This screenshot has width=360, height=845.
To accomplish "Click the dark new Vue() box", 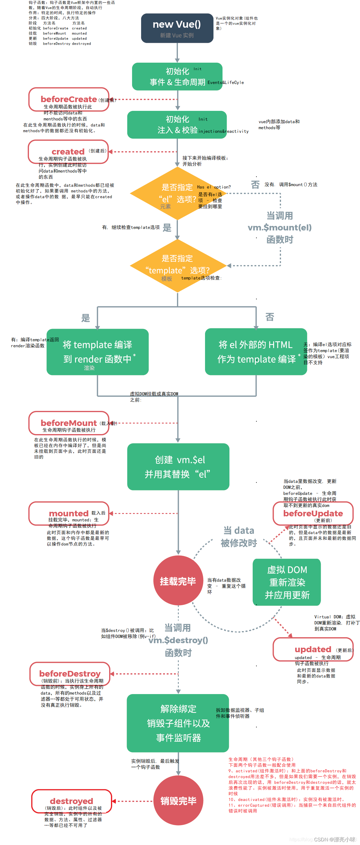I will (x=177, y=28).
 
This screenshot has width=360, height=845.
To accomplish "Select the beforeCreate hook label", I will (x=68, y=99).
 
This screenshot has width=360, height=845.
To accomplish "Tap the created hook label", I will (x=68, y=152).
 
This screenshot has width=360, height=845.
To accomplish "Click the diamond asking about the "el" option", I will (x=177, y=193).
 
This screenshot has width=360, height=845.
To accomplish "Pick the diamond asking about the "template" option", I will (x=177, y=266).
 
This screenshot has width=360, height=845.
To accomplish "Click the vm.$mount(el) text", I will (x=279, y=228).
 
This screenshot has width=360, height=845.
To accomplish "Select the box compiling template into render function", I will (x=97, y=352).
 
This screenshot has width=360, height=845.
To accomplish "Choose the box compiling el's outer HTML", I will (x=256, y=352).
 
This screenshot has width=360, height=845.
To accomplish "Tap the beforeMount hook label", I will (x=68, y=423).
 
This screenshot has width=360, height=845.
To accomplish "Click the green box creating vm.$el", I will (x=178, y=467).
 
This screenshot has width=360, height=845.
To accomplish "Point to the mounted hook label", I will (x=68, y=513).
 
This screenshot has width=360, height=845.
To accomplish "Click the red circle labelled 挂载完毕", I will (x=178, y=581).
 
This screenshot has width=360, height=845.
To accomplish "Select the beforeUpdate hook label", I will (x=313, y=513).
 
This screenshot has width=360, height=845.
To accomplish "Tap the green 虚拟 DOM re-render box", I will (x=287, y=582).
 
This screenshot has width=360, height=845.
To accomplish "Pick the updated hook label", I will (x=313, y=649).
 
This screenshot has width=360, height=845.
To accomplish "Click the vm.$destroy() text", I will (x=178, y=640).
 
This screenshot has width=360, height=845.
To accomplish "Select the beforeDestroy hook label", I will (x=70, y=674).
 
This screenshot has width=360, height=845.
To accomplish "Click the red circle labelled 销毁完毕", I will (x=178, y=801).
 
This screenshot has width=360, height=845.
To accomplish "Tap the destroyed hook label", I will (x=71, y=801).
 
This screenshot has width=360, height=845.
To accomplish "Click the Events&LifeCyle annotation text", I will (x=226, y=83).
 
